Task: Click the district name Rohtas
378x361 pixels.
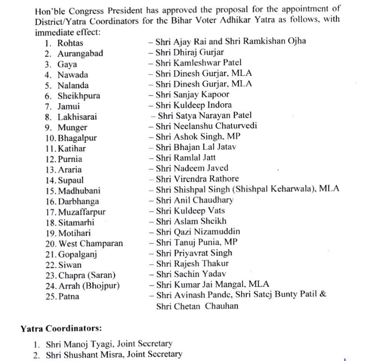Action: pos(70,43)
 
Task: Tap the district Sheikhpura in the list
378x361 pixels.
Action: pos(79,96)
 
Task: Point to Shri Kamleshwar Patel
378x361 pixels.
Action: pos(192,64)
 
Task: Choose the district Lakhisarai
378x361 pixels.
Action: pos(77,117)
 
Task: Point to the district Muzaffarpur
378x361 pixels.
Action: pos(82,212)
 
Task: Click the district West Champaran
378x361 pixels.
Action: pos(91,244)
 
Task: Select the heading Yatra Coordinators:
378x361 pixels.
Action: pos(61,329)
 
